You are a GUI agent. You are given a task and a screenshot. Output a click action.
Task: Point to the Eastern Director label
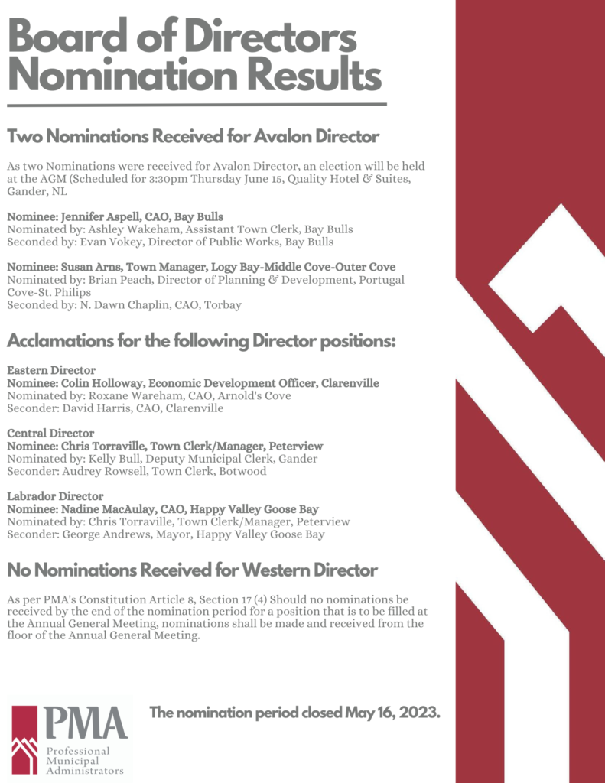coord(51,370)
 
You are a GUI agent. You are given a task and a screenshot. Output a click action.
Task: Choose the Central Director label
coord(50,433)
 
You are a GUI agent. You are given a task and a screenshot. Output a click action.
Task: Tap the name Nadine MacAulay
coord(98,508)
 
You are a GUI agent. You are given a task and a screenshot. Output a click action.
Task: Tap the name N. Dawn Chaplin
coord(109,305)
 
